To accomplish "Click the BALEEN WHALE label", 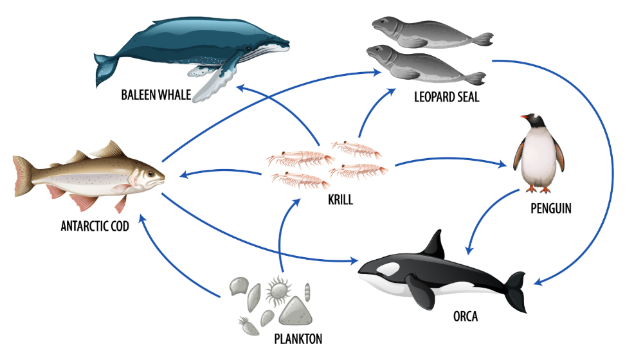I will [x=156, y=96].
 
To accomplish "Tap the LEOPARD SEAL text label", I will [x=447, y=98].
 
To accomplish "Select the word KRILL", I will [x=340, y=200].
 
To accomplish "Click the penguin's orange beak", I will [x=525, y=118].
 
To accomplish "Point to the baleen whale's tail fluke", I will [x=103, y=67].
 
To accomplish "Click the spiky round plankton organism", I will [x=280, y=289].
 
